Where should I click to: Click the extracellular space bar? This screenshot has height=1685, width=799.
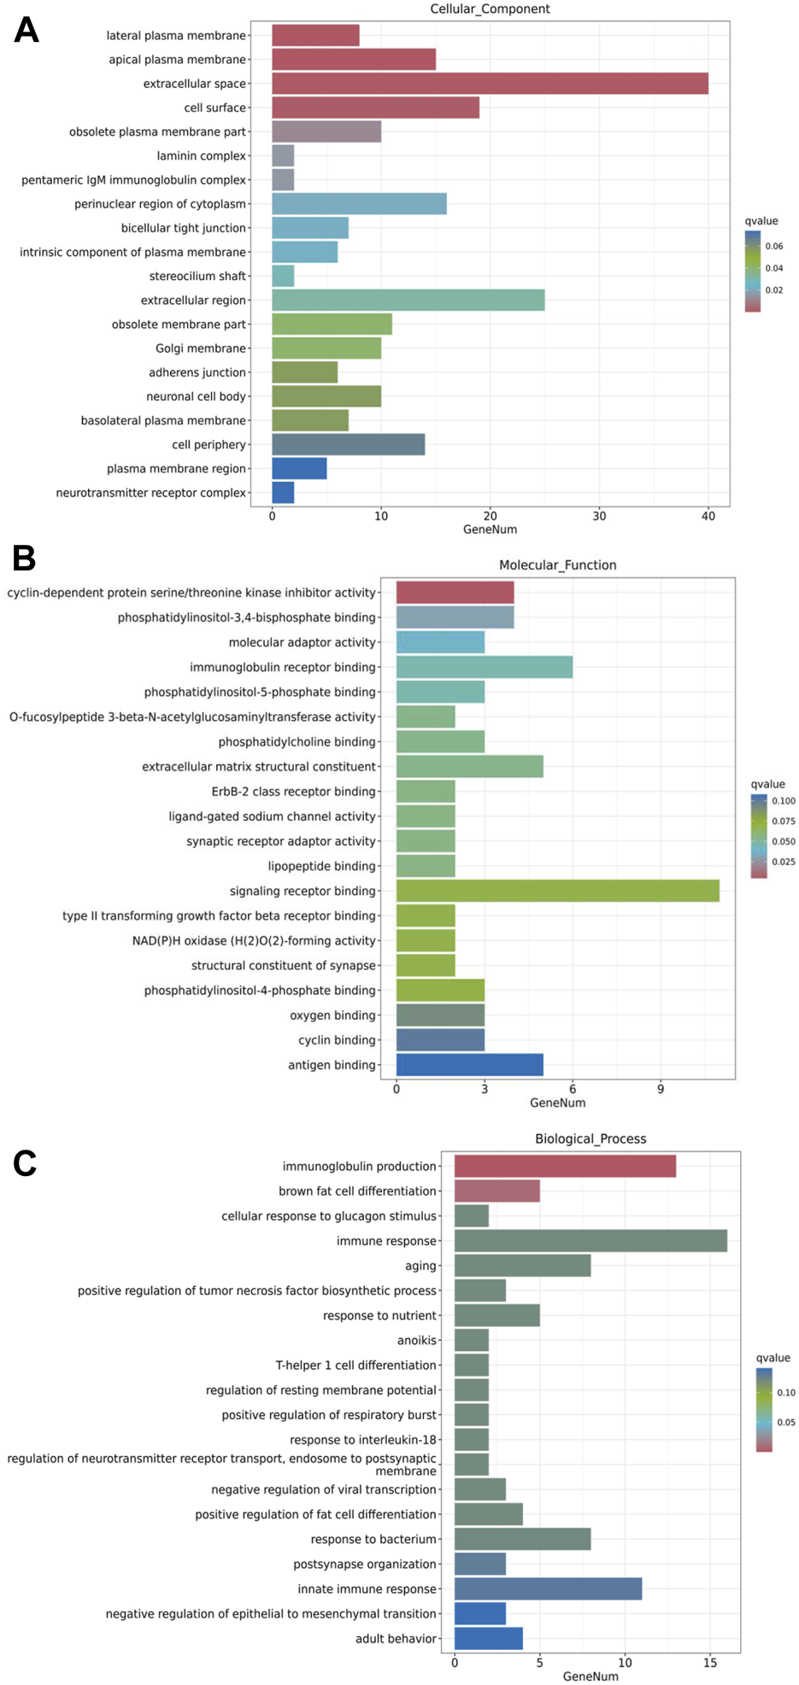click(x=490, y=84)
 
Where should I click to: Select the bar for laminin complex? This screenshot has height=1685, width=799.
click(x=283, y=155)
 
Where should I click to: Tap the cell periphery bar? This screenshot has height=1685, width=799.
click(x=348, y=444)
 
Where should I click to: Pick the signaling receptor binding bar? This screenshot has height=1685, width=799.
click(x=557, y=891)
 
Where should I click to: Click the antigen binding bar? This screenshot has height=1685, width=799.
click(x=469, y=1065)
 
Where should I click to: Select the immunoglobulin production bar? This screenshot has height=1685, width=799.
click(x=565, y=1166)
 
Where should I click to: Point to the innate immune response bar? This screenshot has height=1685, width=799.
click(x=548, y=1588)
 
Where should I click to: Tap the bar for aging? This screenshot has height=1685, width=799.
click(x=522, y=1266)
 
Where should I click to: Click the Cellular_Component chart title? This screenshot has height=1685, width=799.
click(x=490, y=9)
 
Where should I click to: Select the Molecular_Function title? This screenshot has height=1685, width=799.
click(x=557, y=565)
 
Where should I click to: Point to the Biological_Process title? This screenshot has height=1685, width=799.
click(x=590, y=1138)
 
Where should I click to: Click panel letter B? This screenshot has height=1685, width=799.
click(x=24, y=559)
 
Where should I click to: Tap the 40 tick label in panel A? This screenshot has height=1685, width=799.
click(x=708, y=516)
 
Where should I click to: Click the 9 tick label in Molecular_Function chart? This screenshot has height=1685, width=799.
click(x=661, y=1089)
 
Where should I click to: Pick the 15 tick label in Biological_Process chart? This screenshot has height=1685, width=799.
click(x=710, y=1663)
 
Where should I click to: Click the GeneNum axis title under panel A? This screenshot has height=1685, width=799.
click(x=490, y=529)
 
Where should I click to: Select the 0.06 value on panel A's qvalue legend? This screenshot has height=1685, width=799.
click(x=774, y=246)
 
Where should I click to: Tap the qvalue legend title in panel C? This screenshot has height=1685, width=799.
click(x=773, y=1358)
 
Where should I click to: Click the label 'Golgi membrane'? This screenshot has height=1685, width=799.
click(x=201, y=348)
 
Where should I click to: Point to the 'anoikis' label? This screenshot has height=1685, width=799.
click(x=417, y=1341)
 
